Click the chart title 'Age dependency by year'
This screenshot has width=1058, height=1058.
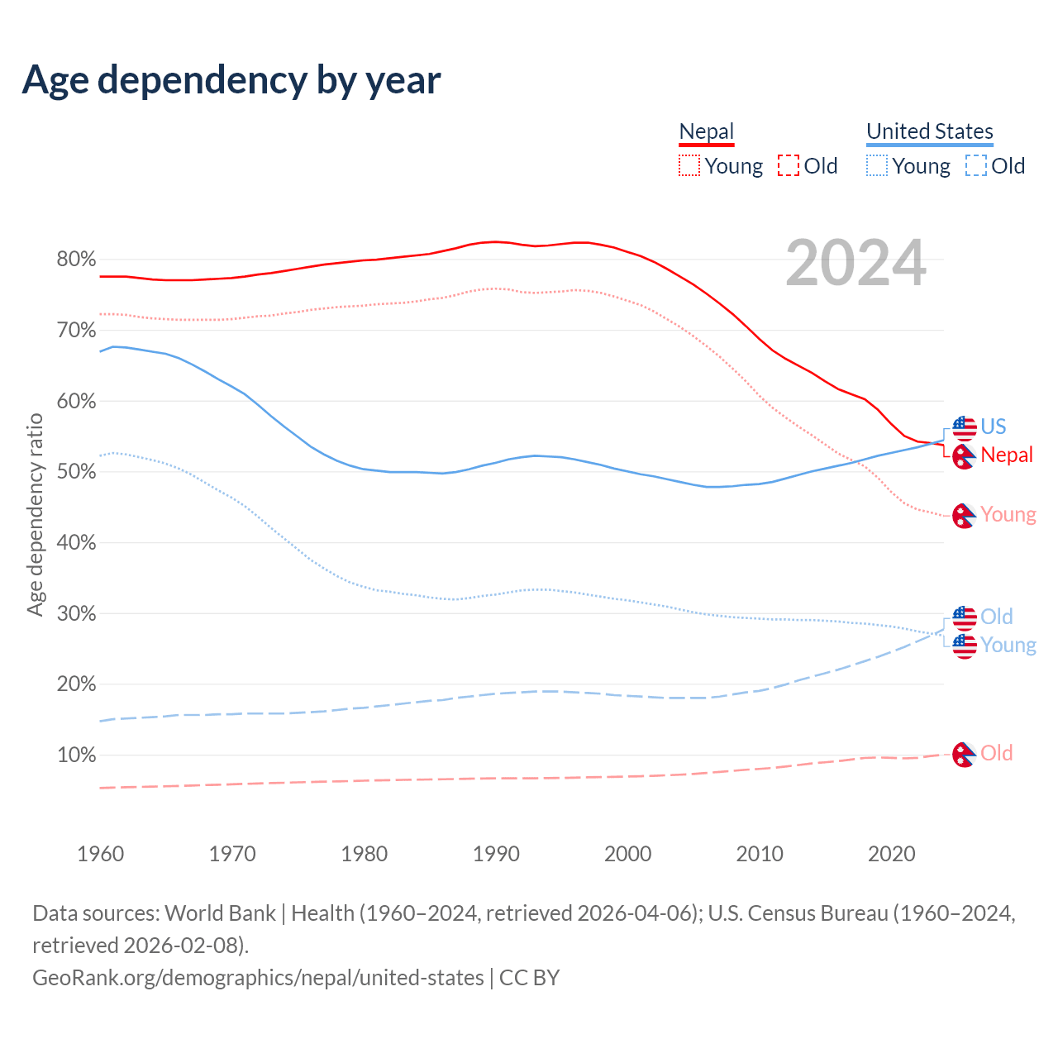[x=231, y=80]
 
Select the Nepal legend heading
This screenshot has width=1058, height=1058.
[x=706, y=131]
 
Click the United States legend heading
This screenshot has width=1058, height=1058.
[x=929, y=131]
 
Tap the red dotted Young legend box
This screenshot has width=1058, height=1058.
[x=689, y=165]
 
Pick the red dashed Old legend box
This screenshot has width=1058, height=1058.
[x=789, y=165]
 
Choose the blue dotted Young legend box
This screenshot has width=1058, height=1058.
[x=876, y=165]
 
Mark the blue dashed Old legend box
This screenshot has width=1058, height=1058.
[x=976, y=165]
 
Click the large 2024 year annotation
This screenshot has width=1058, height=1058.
[x=855, y=263]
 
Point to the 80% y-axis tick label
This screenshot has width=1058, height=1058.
[x=76, y=260]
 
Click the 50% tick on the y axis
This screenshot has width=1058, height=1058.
[x=76, y=472]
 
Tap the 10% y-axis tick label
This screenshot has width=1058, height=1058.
[x=76, y=755]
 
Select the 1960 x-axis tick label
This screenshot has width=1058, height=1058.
[x=101, y=854]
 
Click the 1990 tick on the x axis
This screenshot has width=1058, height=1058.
[x=496, y=854]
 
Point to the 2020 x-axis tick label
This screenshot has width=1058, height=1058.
[x=891, y=854]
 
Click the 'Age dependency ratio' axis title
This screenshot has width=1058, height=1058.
[x=35, y=514]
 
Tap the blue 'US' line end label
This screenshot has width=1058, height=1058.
[x=993, y=427]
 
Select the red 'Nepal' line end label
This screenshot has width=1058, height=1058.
[x=1007, y=455]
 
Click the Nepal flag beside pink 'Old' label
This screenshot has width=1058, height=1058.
[x=964, y=754]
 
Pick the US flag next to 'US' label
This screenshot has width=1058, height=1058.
[x=964, y=428]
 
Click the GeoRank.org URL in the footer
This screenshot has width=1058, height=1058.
[x=258, y=978]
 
